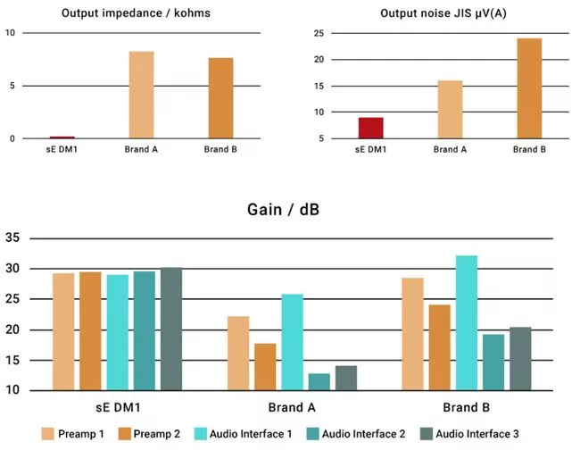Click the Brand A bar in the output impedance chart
point(141,96)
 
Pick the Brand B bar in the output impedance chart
point(221,98)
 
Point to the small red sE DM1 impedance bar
point(62,137)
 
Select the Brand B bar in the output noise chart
point(529,88)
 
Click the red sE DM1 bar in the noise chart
point(371,129)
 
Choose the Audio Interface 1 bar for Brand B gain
point(467,323)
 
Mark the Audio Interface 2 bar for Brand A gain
point(319,381)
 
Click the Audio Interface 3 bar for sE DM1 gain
point(170,329)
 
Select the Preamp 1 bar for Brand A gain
point(238,353)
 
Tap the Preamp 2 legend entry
point(151,434)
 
